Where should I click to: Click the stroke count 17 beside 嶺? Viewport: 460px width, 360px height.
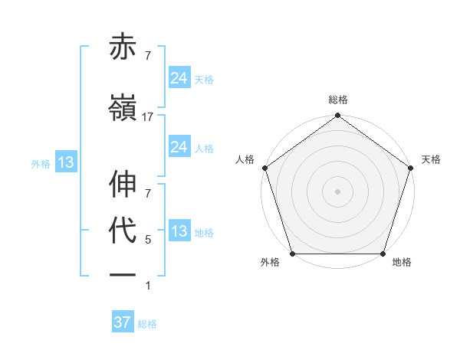148,117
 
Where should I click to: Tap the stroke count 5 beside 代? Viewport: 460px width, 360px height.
148,240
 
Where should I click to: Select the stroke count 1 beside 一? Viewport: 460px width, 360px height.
148,286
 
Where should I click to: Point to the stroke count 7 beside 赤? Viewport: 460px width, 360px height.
148,56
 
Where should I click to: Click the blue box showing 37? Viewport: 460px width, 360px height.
122,322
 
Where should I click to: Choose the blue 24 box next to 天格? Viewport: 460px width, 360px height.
179,77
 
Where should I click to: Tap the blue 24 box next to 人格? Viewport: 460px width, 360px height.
179,147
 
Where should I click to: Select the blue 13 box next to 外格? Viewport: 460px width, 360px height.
65,162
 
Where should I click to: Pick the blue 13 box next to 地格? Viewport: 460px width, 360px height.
179,231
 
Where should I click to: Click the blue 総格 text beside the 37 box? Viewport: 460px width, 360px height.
147,324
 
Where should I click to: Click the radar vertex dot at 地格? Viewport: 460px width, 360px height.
383,254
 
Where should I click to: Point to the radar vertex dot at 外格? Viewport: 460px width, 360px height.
292,254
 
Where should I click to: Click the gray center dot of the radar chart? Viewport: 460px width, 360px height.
337,191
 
